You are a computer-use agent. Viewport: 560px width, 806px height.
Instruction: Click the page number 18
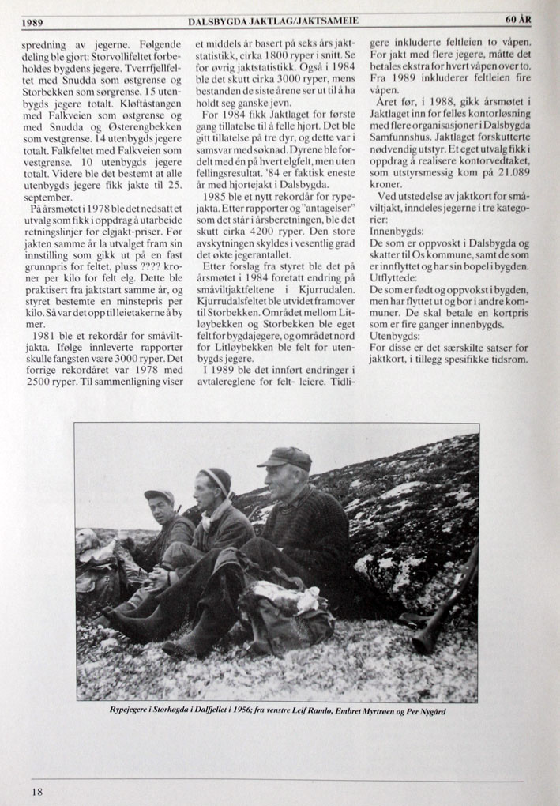37,791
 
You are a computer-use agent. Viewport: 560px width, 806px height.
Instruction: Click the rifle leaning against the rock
442,604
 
